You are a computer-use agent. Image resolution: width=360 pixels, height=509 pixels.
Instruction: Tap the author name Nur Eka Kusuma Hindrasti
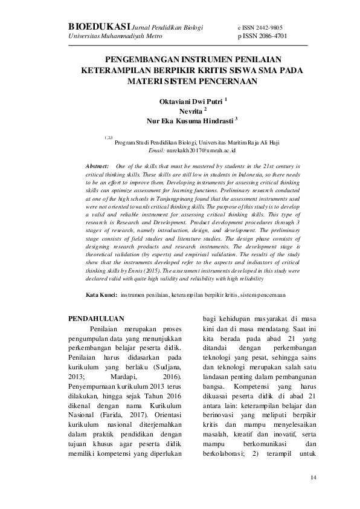190,121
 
